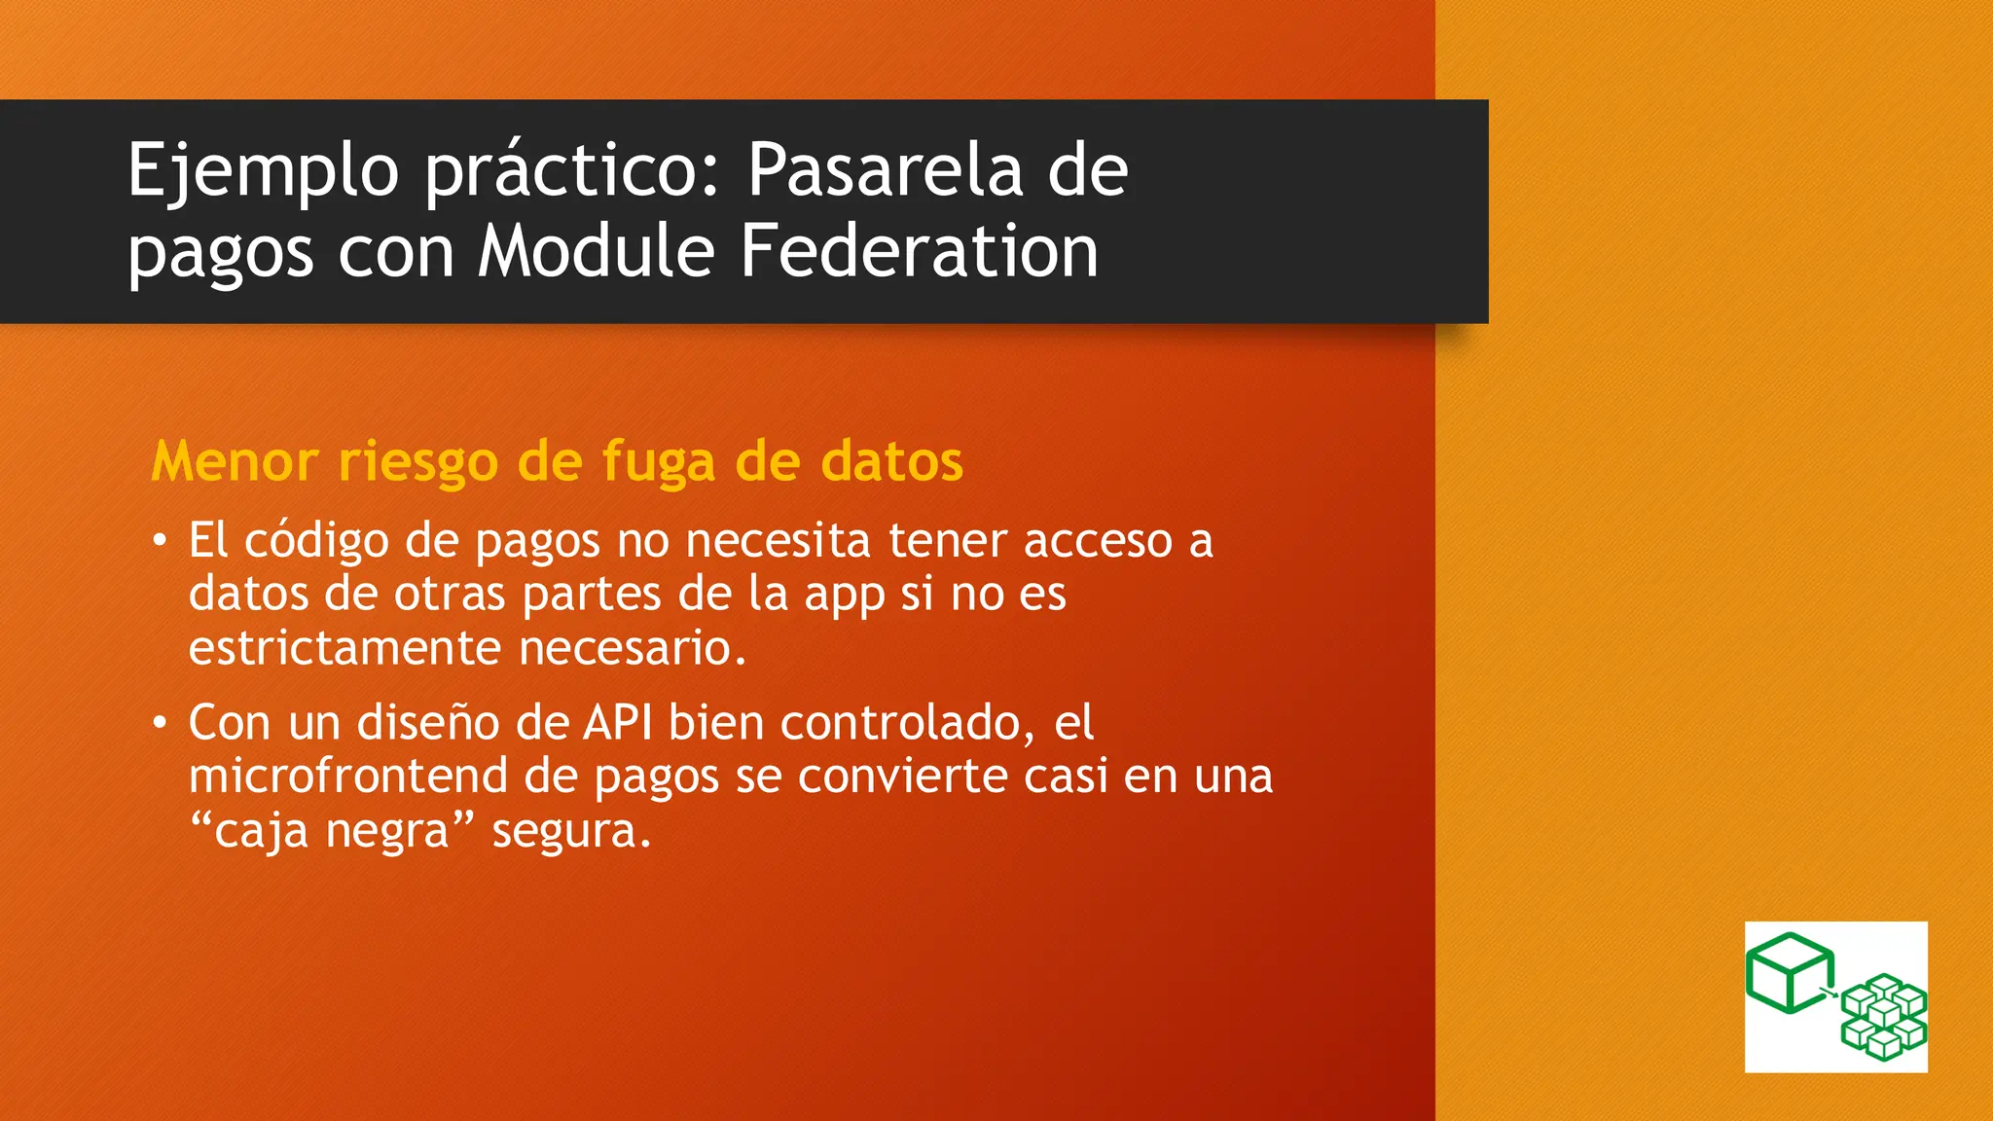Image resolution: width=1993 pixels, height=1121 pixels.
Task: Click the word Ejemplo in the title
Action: (x=263, y=171)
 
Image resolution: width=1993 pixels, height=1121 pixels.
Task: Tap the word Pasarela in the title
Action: (x=885, y=171)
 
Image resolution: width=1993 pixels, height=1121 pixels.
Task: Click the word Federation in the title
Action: (x=919, y=252)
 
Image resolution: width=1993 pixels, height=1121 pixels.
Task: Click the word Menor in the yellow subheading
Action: (x=235, y=460)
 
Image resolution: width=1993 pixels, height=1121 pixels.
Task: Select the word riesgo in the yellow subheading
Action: (x=417, y=462)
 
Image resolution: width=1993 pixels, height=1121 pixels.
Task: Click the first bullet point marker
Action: (x=160, y=541)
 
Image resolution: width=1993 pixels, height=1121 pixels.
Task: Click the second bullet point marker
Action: (x=160, y=724)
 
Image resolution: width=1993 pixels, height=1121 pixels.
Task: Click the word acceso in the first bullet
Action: (x=1097, y=541)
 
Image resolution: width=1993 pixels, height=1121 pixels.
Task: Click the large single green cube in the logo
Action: (x=1789, y=972)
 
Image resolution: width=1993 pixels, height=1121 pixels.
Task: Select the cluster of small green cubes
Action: (x=1884, y=1016)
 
